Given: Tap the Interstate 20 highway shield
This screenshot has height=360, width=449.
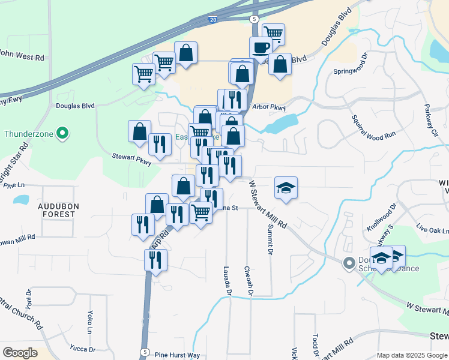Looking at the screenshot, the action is (x=213, y=20).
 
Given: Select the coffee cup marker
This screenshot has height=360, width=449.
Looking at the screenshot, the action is (x=261, y=47).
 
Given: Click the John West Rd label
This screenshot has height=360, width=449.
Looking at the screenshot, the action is (x=22, y=58).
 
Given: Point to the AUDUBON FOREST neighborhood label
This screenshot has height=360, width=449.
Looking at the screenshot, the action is (x=58, y=209).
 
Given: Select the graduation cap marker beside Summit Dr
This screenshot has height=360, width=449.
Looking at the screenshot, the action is (x=286, y=187).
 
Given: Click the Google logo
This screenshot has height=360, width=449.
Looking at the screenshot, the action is (x=19, y=353).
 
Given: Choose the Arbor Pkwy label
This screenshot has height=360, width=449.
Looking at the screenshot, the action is (x=270, y=107).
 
